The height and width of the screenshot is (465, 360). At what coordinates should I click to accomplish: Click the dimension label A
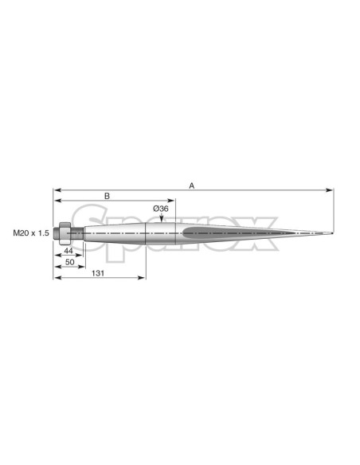192,186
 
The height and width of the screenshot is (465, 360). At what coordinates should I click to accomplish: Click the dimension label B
107,196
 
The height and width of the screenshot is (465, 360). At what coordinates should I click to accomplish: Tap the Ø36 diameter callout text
161,209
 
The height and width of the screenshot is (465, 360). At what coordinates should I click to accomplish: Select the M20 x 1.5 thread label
31,233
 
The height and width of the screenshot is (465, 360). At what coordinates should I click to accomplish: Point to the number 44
68,251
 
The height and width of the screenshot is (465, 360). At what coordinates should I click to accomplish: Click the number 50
69,262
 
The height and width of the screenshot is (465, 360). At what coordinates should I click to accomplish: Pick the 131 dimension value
98,273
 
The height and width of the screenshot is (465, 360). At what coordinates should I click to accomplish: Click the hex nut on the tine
65,233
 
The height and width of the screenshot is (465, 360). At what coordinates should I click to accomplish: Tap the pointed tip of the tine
332,233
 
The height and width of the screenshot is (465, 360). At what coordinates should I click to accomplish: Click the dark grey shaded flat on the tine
237,232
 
